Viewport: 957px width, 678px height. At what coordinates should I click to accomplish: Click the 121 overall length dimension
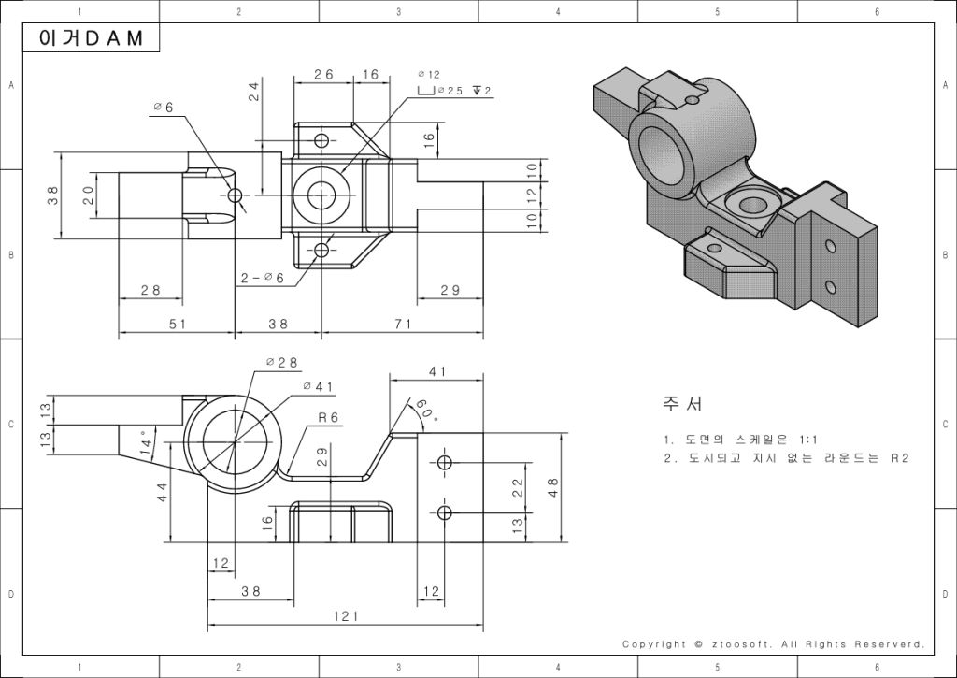[345, 616]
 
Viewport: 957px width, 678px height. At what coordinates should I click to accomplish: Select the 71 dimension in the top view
[403, 324]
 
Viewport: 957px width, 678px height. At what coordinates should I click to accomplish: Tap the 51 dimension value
[177, 324]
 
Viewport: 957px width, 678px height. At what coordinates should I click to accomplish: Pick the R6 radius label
[327, 417]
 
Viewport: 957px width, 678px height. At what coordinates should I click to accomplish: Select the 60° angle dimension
[425, 411]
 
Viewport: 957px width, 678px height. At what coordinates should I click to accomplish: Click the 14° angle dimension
[146, 442]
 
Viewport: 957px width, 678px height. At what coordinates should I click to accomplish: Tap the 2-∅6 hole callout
[262, 277]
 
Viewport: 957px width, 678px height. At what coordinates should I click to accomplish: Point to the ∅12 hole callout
[429, 74]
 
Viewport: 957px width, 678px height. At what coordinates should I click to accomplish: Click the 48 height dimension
[553, 487]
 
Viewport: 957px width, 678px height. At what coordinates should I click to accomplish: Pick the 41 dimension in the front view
[437, 371]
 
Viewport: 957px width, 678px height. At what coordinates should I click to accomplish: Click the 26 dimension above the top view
[323, 74]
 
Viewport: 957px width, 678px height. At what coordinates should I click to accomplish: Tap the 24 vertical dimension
[253, 92]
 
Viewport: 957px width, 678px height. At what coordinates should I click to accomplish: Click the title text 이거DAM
[93, 38]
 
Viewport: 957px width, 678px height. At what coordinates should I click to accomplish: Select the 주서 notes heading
[682, 404]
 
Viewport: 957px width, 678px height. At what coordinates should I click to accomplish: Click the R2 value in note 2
[899, 458]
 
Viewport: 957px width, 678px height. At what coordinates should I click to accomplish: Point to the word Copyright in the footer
[654, 643]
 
